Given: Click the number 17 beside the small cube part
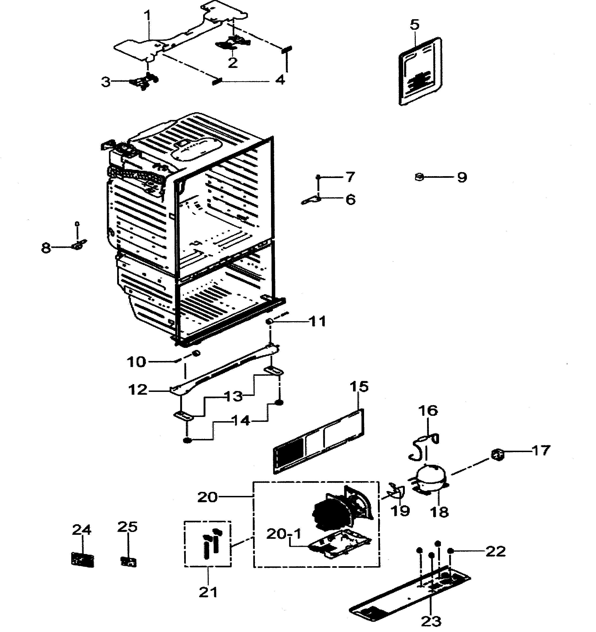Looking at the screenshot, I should click(x=540, y=450).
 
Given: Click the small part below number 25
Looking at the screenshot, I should click(x=128, y=561).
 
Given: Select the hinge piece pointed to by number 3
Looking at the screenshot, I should click(x=145, y=82).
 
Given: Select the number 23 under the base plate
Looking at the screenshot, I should click(x=431, y=621).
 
